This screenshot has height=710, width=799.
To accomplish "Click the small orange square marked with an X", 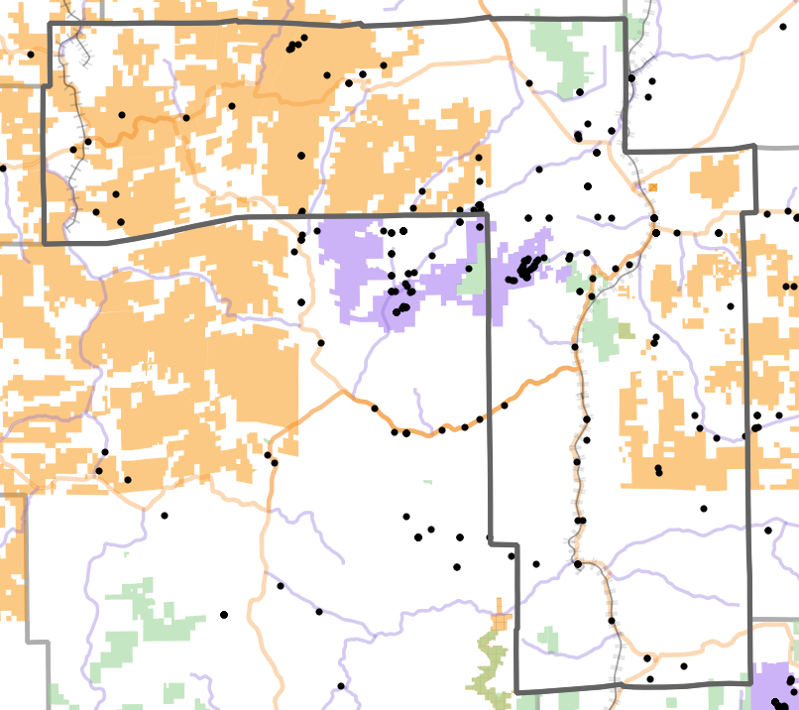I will coord(652,187).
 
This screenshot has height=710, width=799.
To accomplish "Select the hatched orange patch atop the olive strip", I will coord(502,621).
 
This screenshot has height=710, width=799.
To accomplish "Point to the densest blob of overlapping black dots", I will coord(527,268).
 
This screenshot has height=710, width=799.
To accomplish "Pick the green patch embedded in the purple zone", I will coord(475,279).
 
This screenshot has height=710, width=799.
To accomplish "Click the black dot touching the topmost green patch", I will coord(579,93).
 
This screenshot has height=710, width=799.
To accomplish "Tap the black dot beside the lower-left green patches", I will coord(224,615).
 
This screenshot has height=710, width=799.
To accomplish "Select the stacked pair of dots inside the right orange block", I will coord(658,470).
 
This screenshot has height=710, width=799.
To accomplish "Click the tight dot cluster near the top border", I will coord(294,45).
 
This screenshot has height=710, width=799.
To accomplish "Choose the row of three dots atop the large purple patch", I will coord(394,232).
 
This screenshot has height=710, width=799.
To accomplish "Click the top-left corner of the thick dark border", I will coord(51,23).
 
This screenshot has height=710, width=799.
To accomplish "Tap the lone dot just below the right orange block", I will coord(704,509).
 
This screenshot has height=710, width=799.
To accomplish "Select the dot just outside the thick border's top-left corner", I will coord(32,55).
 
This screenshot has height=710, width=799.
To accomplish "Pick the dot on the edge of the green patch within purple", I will coord(469,269).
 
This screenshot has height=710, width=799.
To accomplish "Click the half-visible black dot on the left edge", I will coord(2,168).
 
